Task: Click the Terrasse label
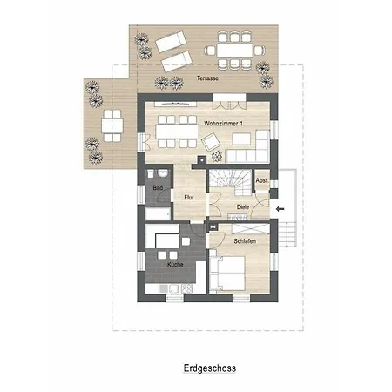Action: click(x=207, y=78)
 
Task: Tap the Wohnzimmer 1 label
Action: click(x=223, y=124)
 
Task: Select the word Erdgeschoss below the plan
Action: click(x=210, y=368)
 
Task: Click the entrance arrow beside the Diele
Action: click(x=280, y=209)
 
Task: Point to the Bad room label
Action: click(x=158, y=188)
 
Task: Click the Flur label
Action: click(x=189, y=198)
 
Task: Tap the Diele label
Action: click(x=243, y=207)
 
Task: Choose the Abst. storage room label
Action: click(x=262, y=180)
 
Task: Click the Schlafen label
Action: click(x=245, y=241)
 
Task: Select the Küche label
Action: click(x=175, y=265)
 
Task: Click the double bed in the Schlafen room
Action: click(x=227, y=273)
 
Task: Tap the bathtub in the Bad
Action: click(x=158, y=213)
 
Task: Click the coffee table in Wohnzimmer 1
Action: click(x=241, y=139)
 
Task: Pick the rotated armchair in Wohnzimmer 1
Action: click(x=211, y=142)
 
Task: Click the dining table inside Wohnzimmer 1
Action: click(x=177, y=132)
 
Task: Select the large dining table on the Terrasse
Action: click(x=234, y=51)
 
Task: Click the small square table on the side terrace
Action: click(x=112, y=125)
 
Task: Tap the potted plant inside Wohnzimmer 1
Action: click(x=217, y=157)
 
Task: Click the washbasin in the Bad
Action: click(x=163, y=173)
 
